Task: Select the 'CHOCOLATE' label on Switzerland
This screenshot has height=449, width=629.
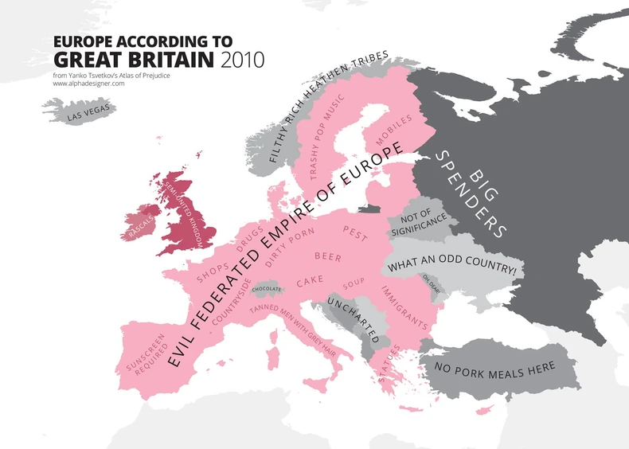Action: tap(268, 288)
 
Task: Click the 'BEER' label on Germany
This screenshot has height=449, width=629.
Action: tap(328, 257)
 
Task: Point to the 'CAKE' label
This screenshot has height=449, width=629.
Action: tap(310, 282)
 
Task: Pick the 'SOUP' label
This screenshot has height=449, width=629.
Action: tap(354, 283)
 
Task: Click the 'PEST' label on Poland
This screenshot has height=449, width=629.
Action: tap(354, 232)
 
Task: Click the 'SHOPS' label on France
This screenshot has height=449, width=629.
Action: tap(212, 273)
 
